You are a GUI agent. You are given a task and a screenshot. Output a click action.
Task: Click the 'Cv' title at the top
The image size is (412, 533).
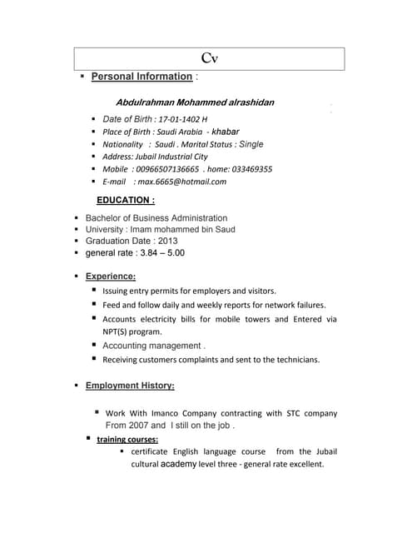point(210,58)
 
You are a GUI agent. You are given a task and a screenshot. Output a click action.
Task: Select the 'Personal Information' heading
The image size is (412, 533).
point(141,77)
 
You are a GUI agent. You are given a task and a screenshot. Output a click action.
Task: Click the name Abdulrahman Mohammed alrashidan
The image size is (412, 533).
point(195,102)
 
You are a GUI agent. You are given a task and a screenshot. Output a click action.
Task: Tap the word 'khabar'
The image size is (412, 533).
point(226,132)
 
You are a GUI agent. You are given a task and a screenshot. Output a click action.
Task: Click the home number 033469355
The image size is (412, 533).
point(249,168)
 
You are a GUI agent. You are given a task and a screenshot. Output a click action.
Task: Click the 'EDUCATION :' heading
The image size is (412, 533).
point(126,201)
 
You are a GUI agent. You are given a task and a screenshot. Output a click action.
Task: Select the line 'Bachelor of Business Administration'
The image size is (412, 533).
point(156,218)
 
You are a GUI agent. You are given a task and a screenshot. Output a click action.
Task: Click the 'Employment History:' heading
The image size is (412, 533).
point(130,386)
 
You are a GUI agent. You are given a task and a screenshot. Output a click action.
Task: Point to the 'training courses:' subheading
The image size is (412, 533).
point(127,439)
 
